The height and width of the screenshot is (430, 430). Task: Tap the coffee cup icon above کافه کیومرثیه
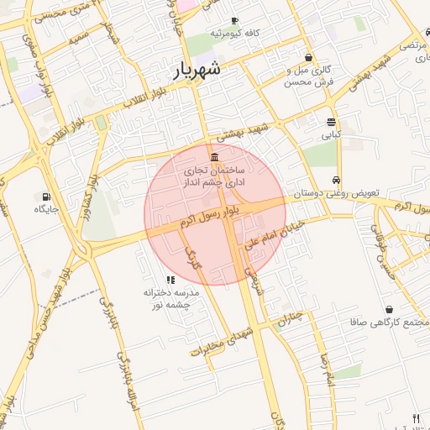click(234, 20)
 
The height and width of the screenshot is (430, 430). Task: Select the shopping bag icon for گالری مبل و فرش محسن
click(310, 58)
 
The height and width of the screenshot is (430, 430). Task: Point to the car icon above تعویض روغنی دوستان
click(336, 181)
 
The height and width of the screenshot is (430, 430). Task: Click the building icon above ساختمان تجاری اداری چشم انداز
click(216, 157)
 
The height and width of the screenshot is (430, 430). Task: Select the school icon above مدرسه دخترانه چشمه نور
click(170, 280)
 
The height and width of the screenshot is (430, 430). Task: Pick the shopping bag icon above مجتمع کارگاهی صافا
click(388, 309)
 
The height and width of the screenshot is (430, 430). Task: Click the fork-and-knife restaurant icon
click(415, 417)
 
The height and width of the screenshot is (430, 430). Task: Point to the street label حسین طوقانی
click(381, 250)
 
